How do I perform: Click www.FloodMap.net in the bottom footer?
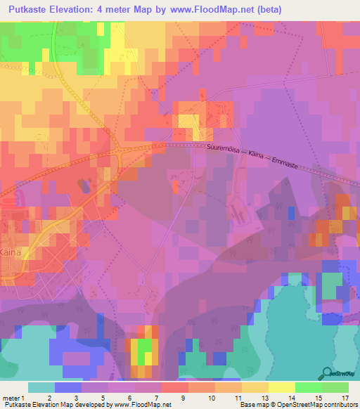pyautogui.click(x=141, y=405)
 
